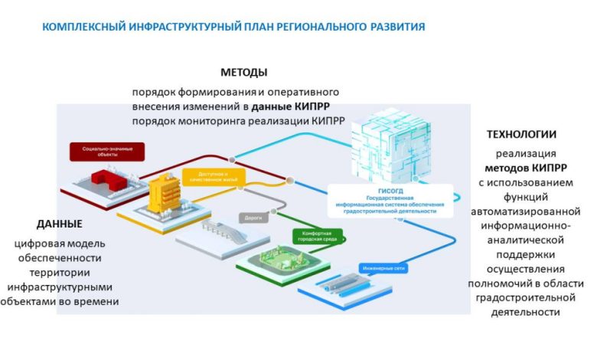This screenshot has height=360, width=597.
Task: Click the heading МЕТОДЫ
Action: click(243, 73)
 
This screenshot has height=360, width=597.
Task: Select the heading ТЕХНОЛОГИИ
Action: click(521, 134)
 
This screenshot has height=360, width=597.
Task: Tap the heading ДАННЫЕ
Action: click(59, 224)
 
